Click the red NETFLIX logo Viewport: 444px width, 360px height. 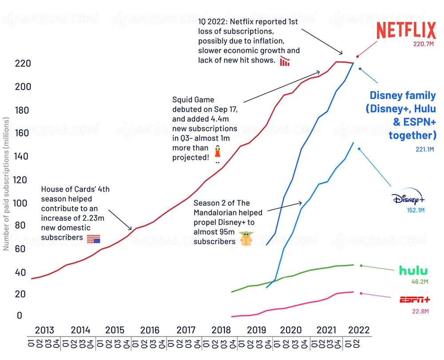pos(406,31)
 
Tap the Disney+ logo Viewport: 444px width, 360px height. pos(408,199)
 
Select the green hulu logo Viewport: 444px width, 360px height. pos(413,270)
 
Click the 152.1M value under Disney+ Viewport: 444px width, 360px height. pos(416,210)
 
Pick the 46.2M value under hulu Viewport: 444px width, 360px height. pos(420,281)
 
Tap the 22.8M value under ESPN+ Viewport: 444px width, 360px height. pos(420,312)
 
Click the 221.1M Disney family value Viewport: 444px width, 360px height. pos(424,150)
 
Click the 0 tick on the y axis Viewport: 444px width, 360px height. pos(19,316)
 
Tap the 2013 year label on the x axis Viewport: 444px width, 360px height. pos(44,330)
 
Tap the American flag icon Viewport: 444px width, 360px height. pos(93,239)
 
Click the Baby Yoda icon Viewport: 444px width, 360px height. pos(246,238)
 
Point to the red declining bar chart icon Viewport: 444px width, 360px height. pos(285,61)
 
